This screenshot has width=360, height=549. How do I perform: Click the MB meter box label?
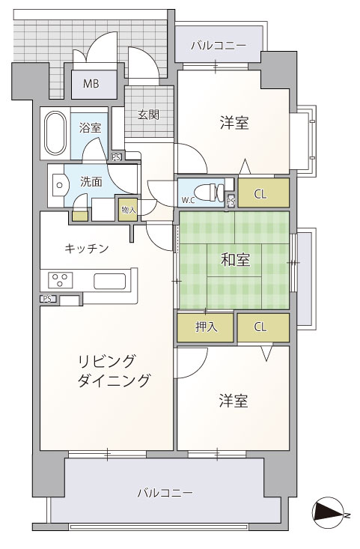(91, 84)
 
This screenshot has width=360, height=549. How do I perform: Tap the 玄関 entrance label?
(149, 115)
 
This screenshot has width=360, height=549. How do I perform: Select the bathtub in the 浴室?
(55, 133)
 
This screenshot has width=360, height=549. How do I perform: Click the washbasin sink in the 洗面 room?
(59, 185)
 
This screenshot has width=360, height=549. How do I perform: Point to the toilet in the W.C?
(209, 192)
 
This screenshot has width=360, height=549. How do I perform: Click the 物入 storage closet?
(128, 210)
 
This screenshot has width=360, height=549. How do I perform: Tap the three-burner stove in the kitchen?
(61, 280)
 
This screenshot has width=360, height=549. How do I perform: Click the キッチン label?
(87, 249)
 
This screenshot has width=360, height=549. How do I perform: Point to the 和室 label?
(236, 260)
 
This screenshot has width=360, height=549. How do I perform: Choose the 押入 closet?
(205, 327)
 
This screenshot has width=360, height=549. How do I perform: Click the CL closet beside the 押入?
(263, 327)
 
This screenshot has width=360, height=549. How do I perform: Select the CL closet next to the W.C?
(263, 193)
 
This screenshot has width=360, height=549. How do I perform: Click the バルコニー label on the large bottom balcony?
(165, 494)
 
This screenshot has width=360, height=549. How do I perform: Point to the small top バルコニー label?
(219, 46)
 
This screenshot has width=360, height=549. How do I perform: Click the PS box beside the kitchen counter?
(48, 299)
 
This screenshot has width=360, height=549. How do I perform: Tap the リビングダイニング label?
(114, 371)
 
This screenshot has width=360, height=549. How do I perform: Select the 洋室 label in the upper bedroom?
(234, 123)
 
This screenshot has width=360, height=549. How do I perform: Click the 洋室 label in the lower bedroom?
(234, 401)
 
